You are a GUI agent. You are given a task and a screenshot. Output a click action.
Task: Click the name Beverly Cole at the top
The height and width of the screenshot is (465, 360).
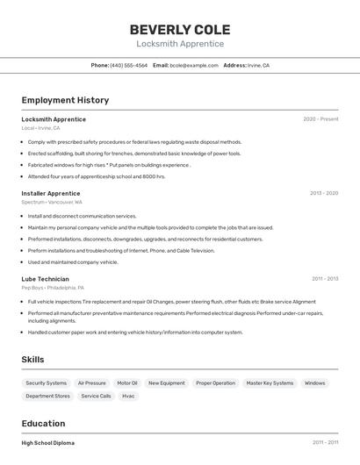point(180,29)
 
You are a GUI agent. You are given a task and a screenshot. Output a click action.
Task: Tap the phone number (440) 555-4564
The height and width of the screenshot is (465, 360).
point(128,65)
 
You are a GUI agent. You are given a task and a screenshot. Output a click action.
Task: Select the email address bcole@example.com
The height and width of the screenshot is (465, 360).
point(193,65)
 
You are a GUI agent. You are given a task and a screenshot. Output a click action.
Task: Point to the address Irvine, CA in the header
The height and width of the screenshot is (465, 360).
point(258,65)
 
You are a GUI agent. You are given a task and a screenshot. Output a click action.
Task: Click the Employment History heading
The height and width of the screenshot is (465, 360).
point(65,100)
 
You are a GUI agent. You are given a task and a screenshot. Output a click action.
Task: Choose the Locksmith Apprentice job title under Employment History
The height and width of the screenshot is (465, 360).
point(54,119)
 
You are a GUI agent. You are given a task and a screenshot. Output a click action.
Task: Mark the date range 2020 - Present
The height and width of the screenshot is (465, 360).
point(320,119)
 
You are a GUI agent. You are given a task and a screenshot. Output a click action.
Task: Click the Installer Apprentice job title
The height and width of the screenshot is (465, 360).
point(51,193)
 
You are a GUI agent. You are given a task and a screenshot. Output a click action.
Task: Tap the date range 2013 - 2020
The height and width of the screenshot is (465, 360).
point(324,193)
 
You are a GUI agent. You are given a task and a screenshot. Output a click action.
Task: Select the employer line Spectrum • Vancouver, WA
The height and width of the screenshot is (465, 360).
point(52,202)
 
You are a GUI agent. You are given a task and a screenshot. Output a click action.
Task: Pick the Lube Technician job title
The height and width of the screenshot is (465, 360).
point(46,279)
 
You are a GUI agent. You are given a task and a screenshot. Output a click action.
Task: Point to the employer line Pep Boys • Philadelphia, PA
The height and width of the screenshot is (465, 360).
point(53,288)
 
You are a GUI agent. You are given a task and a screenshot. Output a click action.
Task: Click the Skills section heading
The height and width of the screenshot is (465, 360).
point(32,360)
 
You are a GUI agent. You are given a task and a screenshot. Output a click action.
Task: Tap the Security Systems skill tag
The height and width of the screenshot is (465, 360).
point(47,383)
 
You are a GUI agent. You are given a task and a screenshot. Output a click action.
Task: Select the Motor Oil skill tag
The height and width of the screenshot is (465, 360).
point(127,383)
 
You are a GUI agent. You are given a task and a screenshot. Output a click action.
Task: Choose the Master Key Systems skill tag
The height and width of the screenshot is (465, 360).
point(270,383)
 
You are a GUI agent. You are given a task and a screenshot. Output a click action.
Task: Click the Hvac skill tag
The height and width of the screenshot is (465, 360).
point(129,397)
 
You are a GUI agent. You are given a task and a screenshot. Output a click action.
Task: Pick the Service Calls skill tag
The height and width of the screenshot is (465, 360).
point(97,397)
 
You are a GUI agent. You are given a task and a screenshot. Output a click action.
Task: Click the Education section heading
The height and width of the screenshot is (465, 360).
point(43,424)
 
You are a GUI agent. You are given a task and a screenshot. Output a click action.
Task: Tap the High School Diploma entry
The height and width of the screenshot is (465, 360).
point(48,443)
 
